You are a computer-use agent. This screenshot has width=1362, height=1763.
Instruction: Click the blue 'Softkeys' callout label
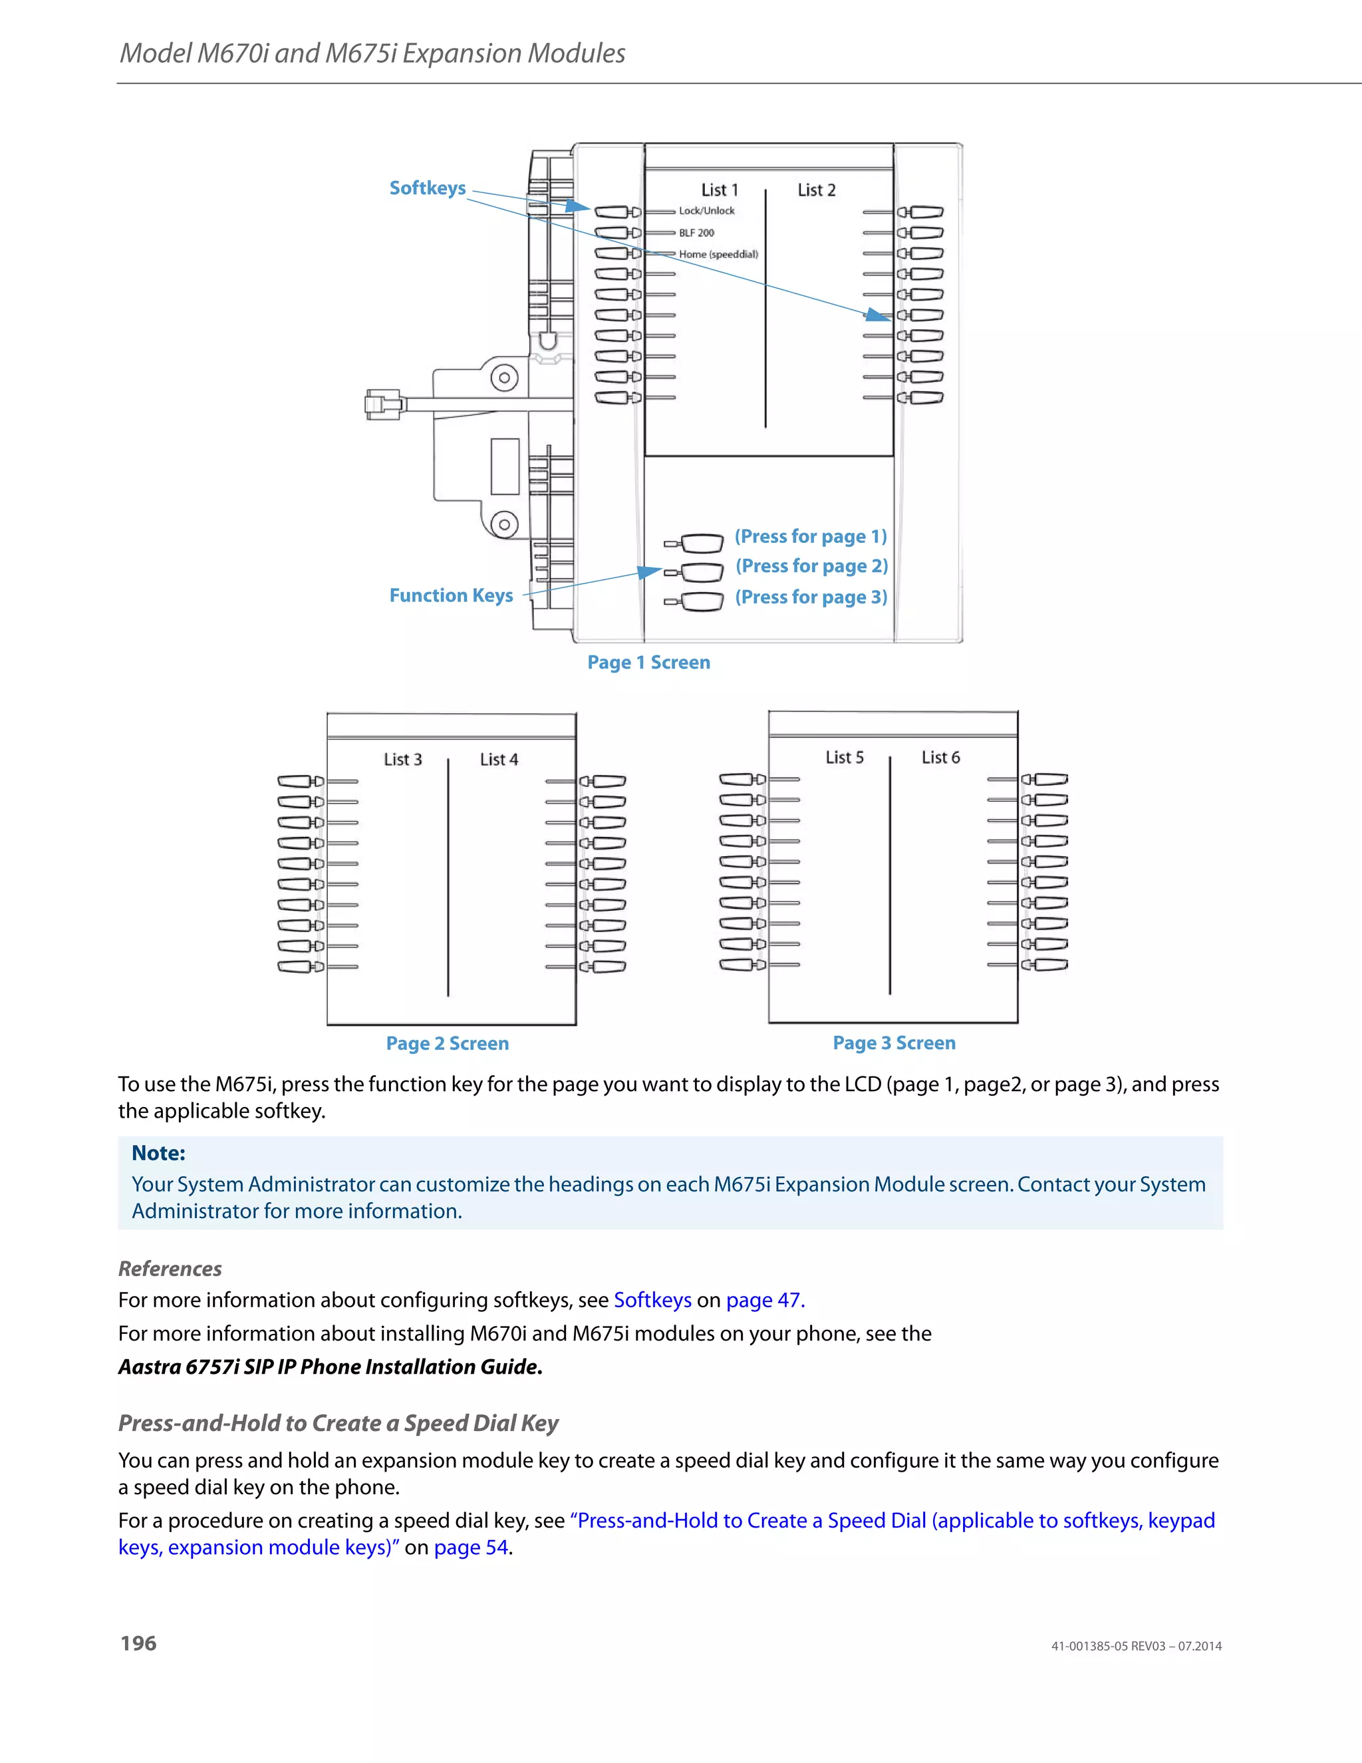coord(427,188)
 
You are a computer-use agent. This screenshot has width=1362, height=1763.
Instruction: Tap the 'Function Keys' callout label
coord(450,595)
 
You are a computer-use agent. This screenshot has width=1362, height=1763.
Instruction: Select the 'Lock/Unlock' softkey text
coord(706,211)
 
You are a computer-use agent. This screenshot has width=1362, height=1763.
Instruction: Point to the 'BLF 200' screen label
coord(696,232)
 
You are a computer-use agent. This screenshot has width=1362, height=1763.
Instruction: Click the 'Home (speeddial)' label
coord(718,254)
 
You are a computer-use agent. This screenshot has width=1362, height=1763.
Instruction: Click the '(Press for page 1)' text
coord(810,537)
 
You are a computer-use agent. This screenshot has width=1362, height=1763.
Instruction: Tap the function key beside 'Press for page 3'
coord(700,601)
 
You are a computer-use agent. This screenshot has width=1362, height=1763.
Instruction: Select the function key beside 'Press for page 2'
coord(700,572)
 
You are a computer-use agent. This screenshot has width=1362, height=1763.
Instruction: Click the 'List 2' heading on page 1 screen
coord(816,190)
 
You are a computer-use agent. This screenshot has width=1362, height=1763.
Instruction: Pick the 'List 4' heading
coord(499,760)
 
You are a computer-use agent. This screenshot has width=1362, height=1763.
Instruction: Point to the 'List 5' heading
coord(844,757)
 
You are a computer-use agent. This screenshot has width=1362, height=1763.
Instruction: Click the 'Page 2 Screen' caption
coord(447,1044)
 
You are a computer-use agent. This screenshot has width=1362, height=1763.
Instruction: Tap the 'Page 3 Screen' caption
coord(893,1043)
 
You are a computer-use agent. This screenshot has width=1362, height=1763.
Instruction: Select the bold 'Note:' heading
coord(158,1153)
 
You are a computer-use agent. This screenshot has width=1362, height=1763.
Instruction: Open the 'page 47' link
coord(764,1301)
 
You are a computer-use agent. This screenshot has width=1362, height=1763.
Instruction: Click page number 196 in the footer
coord(139,1643)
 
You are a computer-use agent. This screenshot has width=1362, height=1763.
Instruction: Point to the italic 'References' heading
coord(170,1269)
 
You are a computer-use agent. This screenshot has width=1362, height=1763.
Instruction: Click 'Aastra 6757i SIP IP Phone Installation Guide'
coord(330,1366)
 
